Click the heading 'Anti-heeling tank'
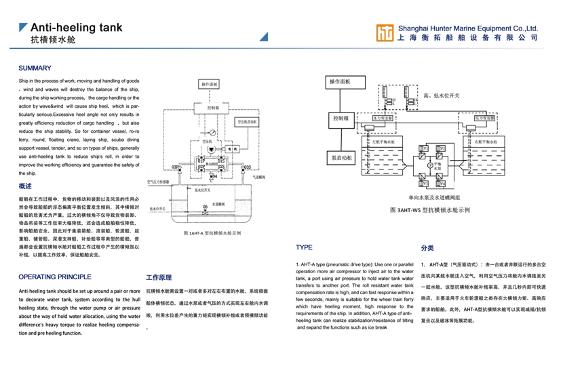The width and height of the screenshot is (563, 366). tap(77, 28)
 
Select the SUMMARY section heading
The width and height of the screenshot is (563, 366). tap(35, 68)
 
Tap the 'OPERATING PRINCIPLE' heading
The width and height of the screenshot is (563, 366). tap(55, 277)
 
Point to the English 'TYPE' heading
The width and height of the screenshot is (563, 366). tap(304, 248)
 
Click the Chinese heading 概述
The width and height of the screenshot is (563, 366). tap(25, 186)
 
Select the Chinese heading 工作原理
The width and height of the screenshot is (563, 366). tap(159, 277)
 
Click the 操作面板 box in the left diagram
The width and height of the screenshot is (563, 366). tap(210, 85)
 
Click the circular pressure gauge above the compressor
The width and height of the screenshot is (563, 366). tap(212, 132)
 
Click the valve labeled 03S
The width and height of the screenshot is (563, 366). tap(248, 167)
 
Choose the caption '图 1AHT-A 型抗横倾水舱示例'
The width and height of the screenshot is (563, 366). tap(212, 232)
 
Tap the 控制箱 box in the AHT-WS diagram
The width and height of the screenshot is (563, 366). tap(341, 118)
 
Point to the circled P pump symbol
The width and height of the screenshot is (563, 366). tap(429, 165)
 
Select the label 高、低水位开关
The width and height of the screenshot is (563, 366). tap(441, 96)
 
